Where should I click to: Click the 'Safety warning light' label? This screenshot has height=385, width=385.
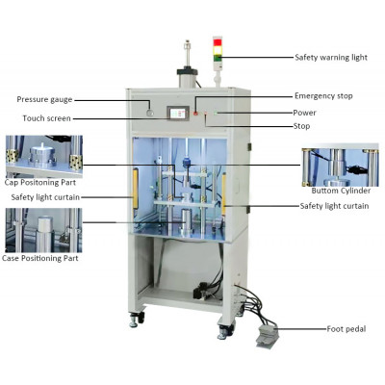(x=331, y=58)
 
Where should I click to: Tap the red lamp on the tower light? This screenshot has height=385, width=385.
(x=218, y=42)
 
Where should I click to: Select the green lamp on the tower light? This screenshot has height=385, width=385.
(x=218, y=58)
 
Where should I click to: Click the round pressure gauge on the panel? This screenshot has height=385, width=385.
(x=149, y=113)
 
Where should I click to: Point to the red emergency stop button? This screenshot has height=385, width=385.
(x=195, y=113)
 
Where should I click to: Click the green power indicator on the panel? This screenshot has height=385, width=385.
(x=217, y=113)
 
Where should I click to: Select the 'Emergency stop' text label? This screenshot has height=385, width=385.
(x=323, y=96)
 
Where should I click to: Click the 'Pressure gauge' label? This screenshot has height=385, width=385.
(x=44, y=99)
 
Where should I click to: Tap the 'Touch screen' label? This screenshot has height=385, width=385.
(x=46, y=118)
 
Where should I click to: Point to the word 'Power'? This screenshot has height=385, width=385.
(x=304, y=113)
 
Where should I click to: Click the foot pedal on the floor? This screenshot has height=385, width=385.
(x=268, y=336)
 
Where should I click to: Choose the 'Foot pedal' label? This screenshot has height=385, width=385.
(x=346, y=329)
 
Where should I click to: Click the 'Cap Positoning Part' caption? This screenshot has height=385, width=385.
(x=40, y=183)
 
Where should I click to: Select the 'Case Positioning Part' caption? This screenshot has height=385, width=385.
(x=40, y=258)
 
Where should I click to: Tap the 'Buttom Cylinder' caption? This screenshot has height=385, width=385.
(x=341, y=191)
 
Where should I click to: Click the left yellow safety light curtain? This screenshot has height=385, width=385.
(x=135, y=188)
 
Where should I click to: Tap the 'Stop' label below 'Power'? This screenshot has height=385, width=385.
(x=301, y=126)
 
